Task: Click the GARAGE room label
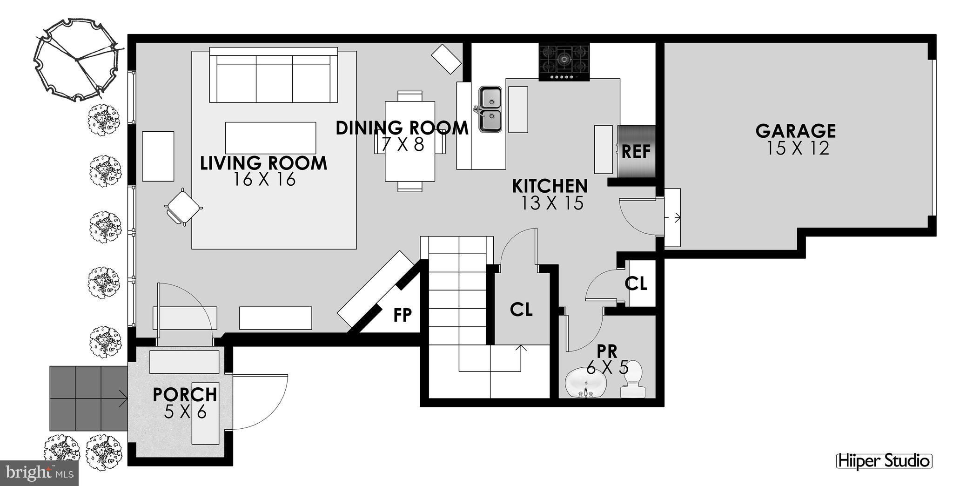coord(795,131)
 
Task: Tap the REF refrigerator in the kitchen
coord(636,151)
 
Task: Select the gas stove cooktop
coord(564,61)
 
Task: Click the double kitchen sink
coord(490,109)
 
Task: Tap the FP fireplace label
coord(403,315)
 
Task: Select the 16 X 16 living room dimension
coord(264,179)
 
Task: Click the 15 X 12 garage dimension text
coord(798,148)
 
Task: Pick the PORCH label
coord(185,394)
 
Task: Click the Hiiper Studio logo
coord(884,461)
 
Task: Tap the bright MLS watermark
coord(39,473)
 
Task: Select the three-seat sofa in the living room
coord(274,77)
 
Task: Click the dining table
coord(409,141)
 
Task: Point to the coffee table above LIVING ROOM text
coord(270,138)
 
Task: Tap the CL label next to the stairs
coord(521,309)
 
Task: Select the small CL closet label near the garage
coord(636,283)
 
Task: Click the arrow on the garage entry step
coord(673,217)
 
